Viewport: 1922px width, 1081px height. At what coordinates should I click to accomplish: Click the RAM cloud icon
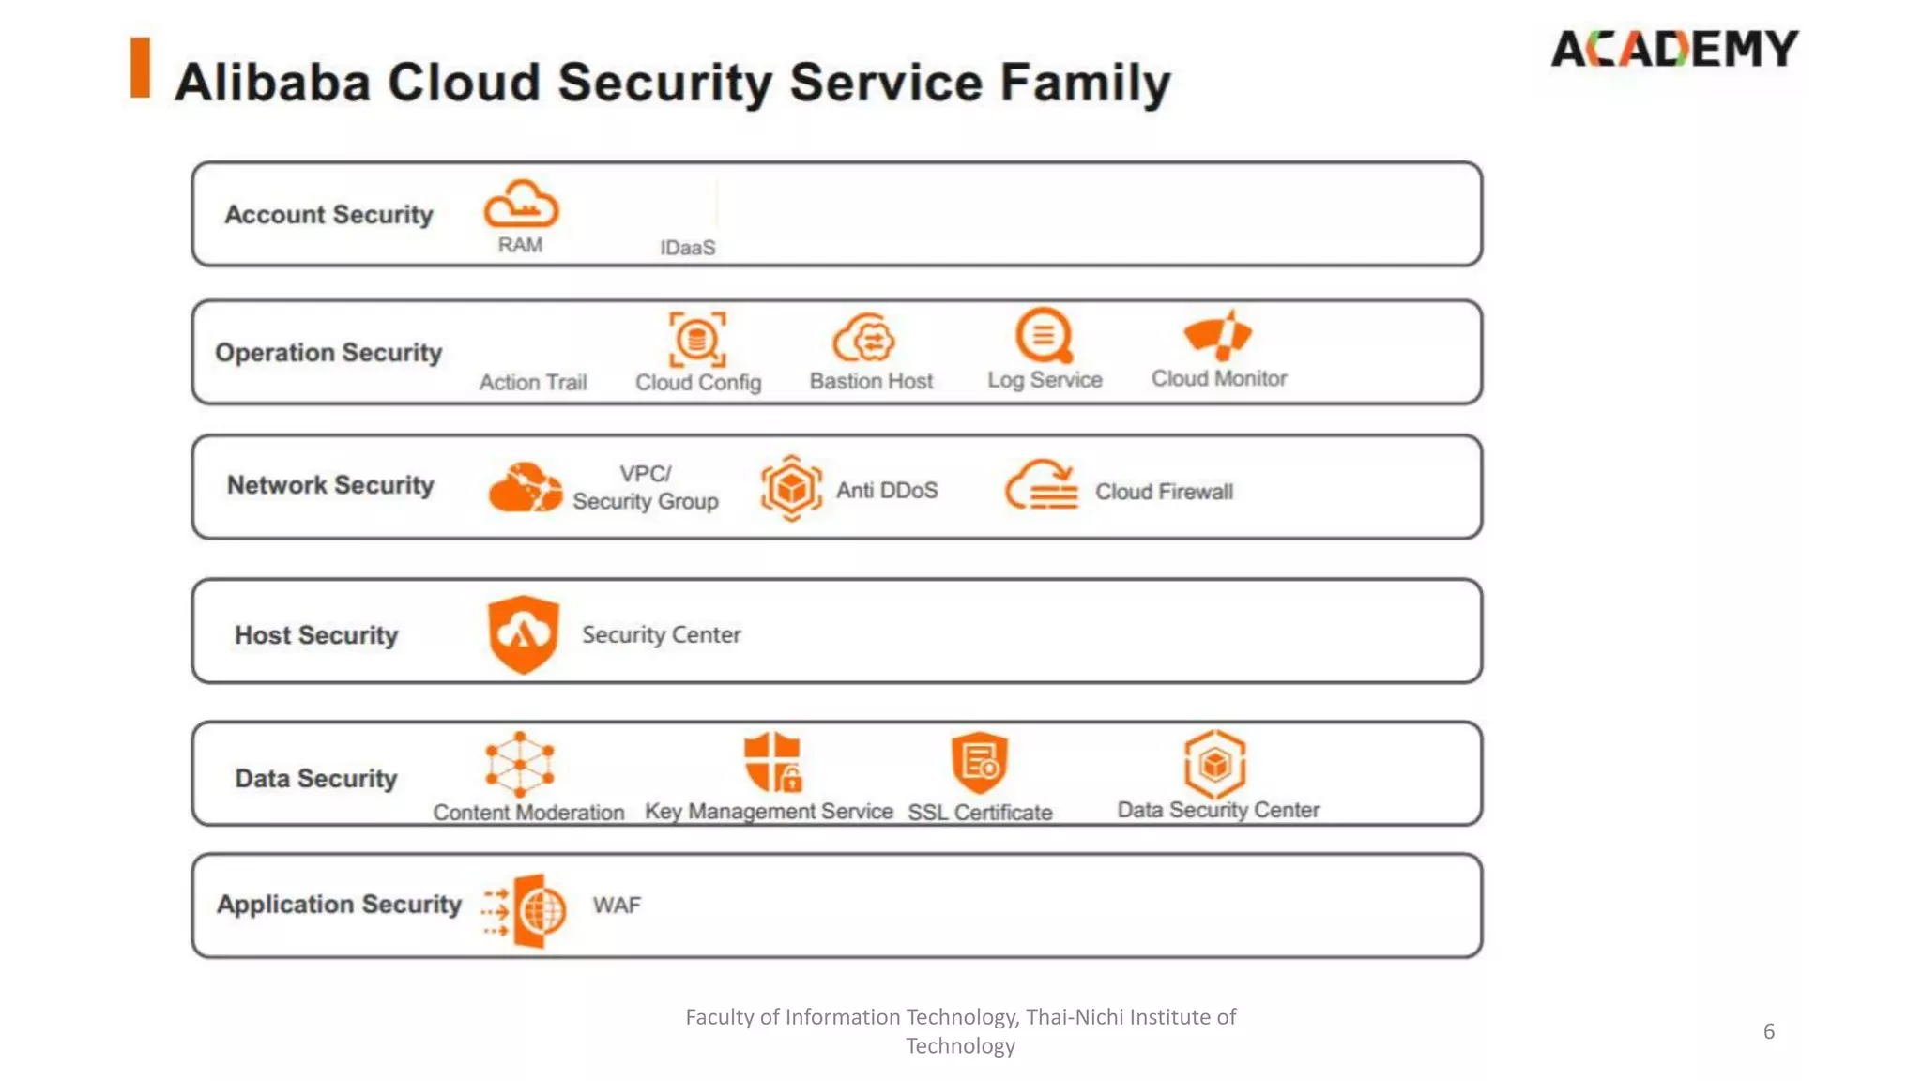(521, 205)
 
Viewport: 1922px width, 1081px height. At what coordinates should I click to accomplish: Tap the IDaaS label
(687, 248)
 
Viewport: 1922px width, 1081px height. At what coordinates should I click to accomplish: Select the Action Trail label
(533, 382)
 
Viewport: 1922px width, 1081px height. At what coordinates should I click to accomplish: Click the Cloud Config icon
(697, 339)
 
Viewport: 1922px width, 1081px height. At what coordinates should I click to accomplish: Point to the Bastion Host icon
(864, 338)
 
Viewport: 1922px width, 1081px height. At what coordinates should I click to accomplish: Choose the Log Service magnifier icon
(1044, 335)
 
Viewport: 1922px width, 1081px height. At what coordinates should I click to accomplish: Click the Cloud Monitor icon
(1217, 335)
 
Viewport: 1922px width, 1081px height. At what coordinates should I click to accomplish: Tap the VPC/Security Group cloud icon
(525, 487)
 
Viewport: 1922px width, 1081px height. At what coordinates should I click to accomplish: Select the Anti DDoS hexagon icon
(791, 488)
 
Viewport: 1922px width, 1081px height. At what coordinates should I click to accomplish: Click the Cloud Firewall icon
(1042, 485)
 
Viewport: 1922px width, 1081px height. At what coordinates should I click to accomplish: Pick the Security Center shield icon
(523, 633)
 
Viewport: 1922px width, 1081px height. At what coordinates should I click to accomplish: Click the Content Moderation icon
(520, 764)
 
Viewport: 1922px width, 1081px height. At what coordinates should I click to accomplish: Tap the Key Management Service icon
(772, 762)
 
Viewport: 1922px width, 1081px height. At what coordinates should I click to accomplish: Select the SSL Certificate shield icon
(979, 762)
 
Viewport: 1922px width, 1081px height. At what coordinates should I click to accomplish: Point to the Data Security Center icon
(1215, 763)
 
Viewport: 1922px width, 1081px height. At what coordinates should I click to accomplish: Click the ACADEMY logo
(1674, 49)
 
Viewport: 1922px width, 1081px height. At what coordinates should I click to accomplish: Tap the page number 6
(1769, 1031)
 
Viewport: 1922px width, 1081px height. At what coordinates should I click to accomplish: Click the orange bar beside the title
(141, 68)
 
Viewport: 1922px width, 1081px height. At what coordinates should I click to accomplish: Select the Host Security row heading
(316, 635)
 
